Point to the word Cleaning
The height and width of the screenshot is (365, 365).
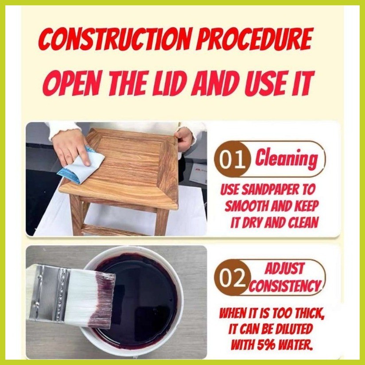coord(286,159)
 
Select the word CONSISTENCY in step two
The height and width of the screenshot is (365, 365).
coord(284,285)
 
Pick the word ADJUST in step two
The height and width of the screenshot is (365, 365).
coord(285,268)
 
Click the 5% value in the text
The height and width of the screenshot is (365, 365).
coord(271,344)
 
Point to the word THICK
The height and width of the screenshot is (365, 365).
coord(304,314)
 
